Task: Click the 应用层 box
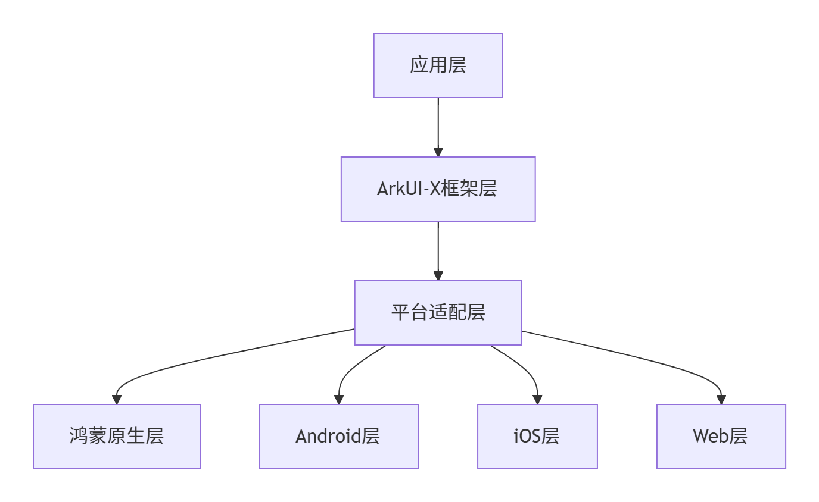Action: pos(438,65)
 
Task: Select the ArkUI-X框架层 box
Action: pos(438,189)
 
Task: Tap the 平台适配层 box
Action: pos(438,313)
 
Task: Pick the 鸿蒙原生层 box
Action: pos(117,437)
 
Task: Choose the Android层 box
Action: pos(338,437)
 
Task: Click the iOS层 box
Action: pos(537,437)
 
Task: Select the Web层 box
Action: pos(721,437)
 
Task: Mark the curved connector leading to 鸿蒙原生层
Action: pos(208,357)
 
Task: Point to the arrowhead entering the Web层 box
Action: pos(721,400)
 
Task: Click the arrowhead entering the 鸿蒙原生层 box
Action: pos(117,400)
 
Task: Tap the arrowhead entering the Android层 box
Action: pos(339,400)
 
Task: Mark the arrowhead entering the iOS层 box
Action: pos(537,400)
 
